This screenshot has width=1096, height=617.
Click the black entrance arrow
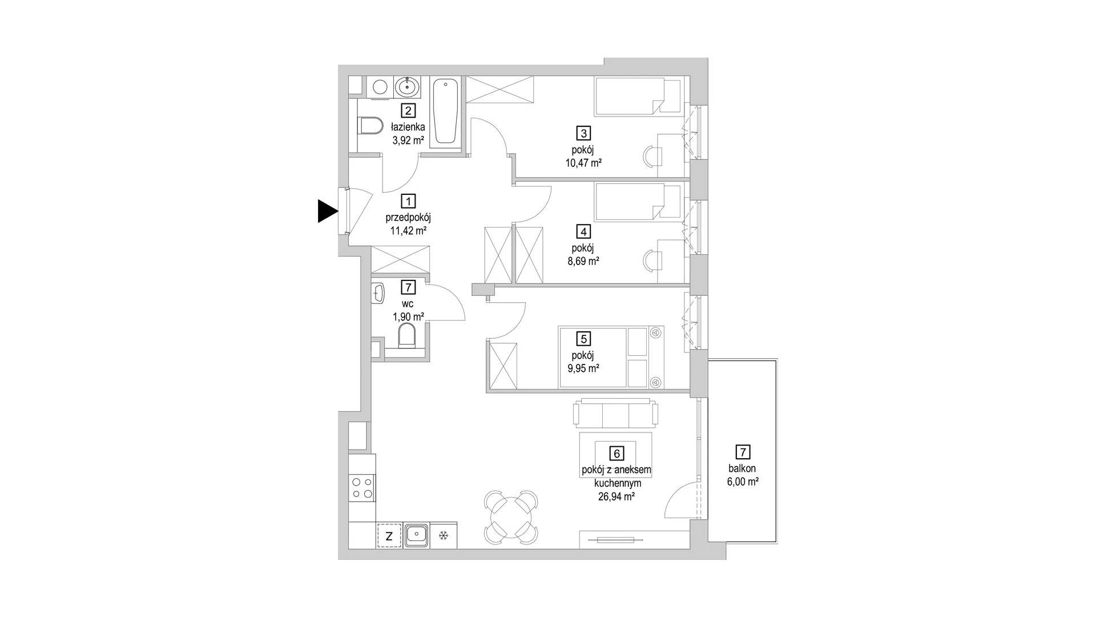pos(327,211)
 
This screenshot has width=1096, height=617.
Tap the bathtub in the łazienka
pos(446,112)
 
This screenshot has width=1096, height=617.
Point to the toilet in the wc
pos(407,336)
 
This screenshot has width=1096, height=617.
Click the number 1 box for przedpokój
pos(408,201)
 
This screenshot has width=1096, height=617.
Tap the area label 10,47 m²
pos(583,163)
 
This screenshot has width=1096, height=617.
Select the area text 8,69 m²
pos(582,261)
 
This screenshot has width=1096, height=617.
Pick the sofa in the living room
pos(616,413)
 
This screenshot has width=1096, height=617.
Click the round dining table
pos(511,517)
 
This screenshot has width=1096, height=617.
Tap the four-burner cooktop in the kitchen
pos(362,487)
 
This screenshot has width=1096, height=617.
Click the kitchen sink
pos(417,536)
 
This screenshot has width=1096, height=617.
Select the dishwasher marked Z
pos(389,536)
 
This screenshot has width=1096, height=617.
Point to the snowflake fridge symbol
pos(444,536)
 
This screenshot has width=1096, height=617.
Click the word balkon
pos(742,468)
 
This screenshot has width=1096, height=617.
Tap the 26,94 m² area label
pos(616,496)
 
